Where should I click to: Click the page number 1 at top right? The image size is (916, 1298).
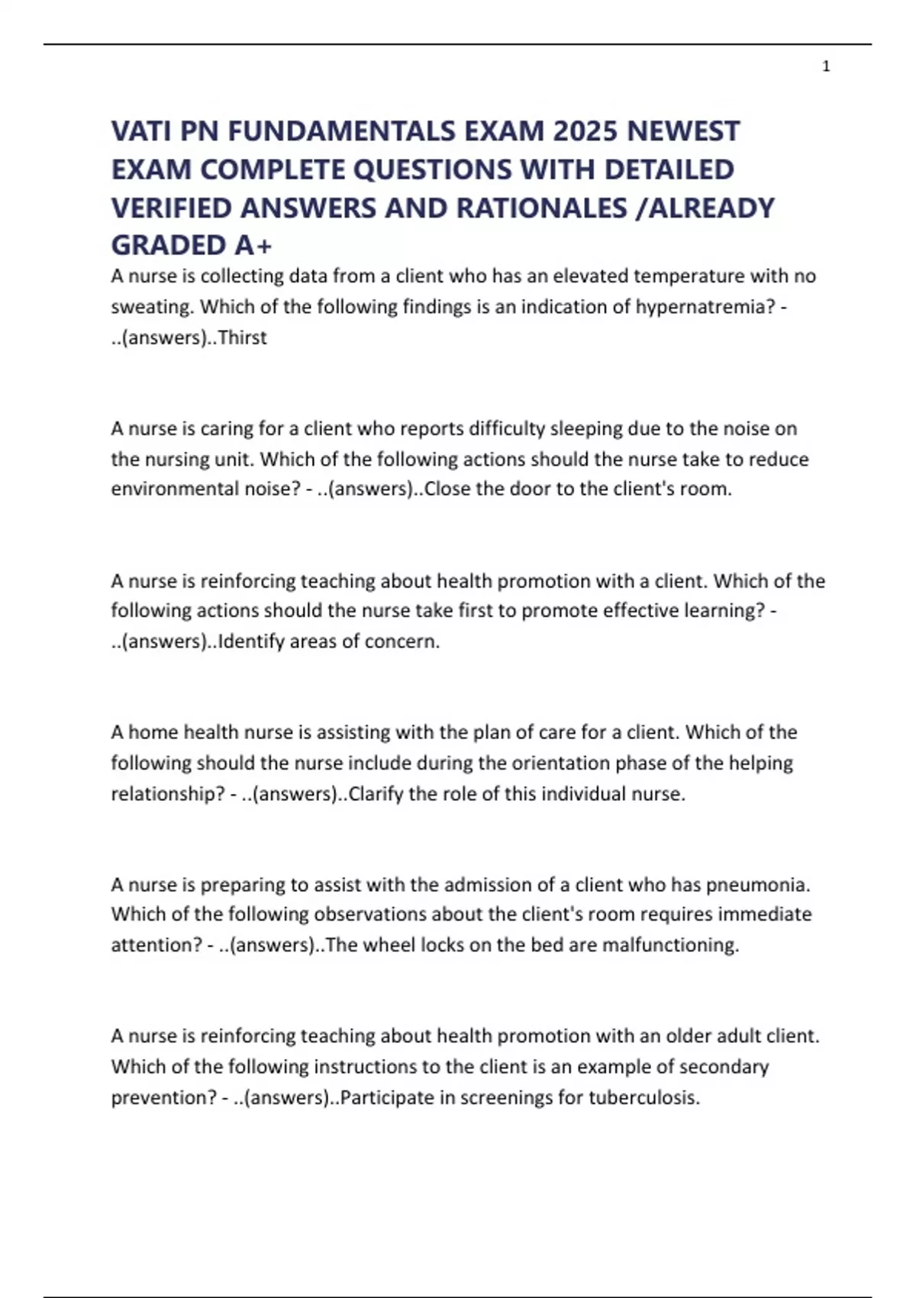click(826, 67)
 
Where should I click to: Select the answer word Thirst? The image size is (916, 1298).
click(243, 337)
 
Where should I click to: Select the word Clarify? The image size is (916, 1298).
click(376, 794)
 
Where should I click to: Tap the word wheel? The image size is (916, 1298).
click(389, 945)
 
